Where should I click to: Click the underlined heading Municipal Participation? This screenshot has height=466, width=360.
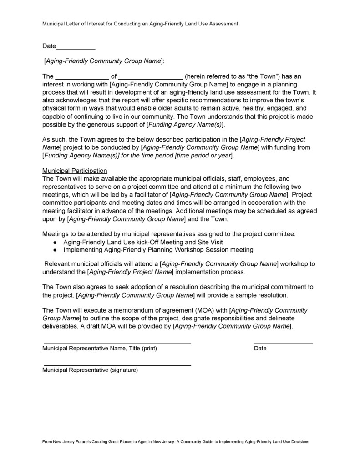point(75,171)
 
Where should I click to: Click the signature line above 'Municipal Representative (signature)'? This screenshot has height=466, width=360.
point(117,365)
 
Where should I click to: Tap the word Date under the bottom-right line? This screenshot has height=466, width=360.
point(260,349)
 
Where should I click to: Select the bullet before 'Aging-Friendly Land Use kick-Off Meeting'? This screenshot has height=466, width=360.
point(55,243)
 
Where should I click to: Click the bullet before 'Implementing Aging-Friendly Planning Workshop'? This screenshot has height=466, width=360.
point(55,250)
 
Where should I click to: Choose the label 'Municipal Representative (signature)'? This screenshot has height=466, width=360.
point(90,370)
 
